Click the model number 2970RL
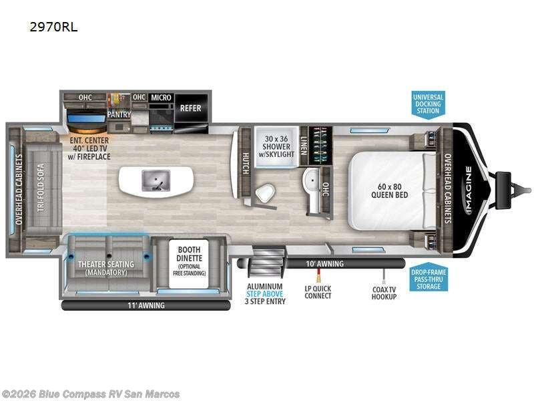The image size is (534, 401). click(53, 27)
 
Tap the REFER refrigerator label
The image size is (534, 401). click(190, 108)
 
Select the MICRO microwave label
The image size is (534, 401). click(161, 98)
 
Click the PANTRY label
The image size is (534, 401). click(119, 114)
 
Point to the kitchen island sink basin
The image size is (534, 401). click(156, 180)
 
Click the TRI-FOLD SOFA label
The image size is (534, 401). click(41, 188)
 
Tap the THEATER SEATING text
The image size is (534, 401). click(106, 264)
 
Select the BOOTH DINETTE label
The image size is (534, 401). click(189, 254)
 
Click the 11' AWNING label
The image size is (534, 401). click(146, 305)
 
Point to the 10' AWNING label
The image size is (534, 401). click(324, 263)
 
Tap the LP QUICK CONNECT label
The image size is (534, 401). click(318, 292)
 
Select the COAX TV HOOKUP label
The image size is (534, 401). click(384, 293)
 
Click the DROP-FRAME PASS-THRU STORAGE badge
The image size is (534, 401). click(429, 279)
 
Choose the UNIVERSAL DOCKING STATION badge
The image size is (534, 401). click(428, 104)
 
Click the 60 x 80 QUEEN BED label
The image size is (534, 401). click(390, 191)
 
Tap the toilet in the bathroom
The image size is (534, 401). click(264, 193)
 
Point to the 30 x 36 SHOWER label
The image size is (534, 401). click(276, 146)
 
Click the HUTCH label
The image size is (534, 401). click(246, 163)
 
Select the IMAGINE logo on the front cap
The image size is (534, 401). click(469, 190)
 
